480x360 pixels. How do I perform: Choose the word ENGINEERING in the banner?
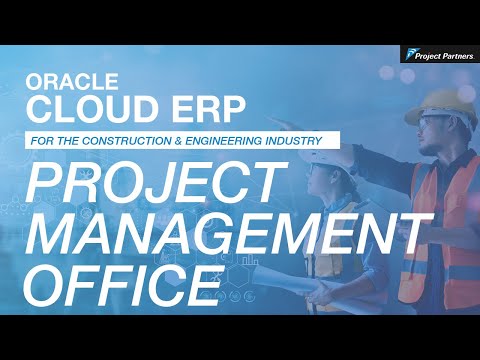click(245, 140)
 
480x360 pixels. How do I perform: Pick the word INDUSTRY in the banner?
click(302, 140)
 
